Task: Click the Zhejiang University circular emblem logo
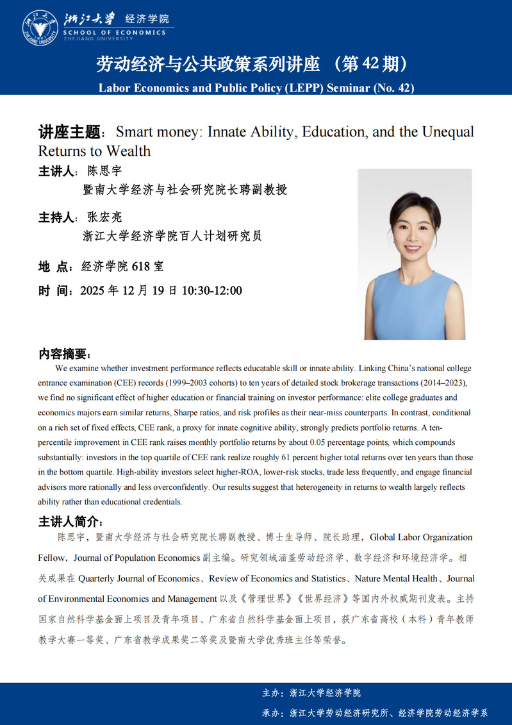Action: tap(39, 27)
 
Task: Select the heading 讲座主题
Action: tap(70, 133)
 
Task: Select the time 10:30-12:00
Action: tap(211, 291)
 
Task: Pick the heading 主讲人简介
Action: tap(69, 521)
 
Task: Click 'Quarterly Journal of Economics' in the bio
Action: tap(138, 578)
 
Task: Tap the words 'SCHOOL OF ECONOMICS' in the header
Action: tap(114, 33)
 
